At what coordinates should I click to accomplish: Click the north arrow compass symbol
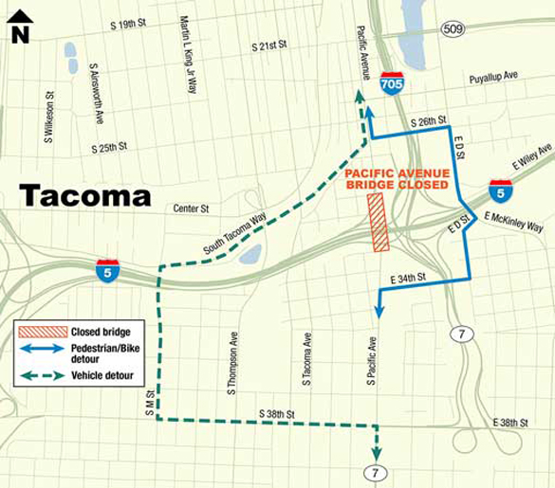click(19, 27)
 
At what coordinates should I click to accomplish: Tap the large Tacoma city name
click(85, 196)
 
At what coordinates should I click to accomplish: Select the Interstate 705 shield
click(391, 82)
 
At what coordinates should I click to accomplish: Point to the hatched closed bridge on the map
click(379, 223)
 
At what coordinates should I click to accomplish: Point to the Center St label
click(190, 208)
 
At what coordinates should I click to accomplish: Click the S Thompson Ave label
click(232, 361)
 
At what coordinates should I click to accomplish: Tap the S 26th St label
click(428, 122)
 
